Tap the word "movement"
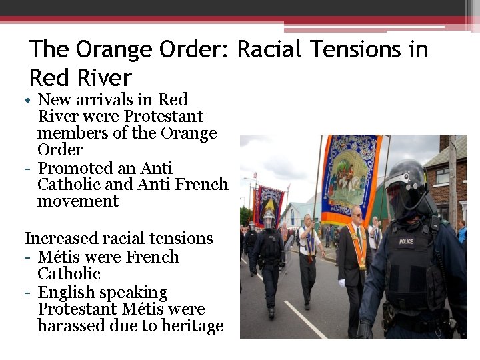tap(77, 201)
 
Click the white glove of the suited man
tap(342, 283)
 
